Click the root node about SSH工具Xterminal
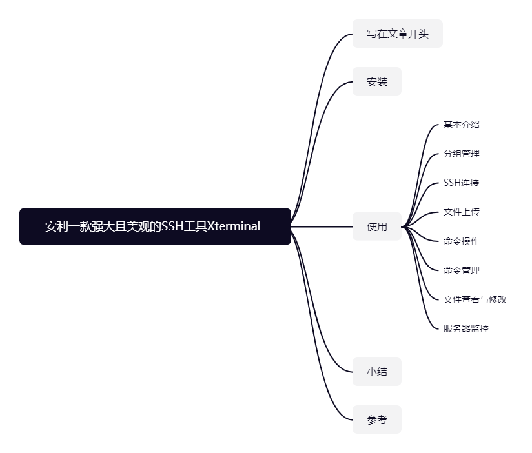click(x=155, y=226)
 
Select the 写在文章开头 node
click(x=397, y=34)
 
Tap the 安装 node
click(x=377, y=82)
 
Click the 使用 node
click(x=377, y=226)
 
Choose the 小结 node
click(x=377, y=372)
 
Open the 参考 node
click(x=377, y=419)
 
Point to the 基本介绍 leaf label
click(x=461, y=125)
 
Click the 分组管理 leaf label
click(x=461, y=154)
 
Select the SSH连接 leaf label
click(x=461, y=183)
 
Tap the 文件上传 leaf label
click(x=461, y=212)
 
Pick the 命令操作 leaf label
click(x=461, y=241)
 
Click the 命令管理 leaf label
click(x=461, y=270)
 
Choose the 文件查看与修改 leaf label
click(x=475, y=299)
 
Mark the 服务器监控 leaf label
click(x=466, y=328)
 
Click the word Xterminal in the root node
click(x=234, y=226)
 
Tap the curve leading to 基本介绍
click(x=421, y=155)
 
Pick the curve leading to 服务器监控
click(x=421, y=298)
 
